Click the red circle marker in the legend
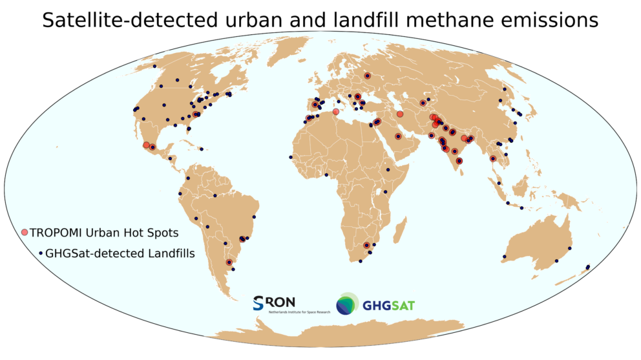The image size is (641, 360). point(25,232)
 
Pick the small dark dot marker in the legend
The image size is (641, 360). point(41,253)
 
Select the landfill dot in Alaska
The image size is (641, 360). point(155,67)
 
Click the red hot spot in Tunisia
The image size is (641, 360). point(335,112)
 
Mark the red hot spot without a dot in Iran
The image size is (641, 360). point(400,114)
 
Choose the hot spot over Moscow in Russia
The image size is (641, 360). point(367,76)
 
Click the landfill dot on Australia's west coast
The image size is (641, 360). point(504,256)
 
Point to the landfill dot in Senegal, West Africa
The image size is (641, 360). point(291,157)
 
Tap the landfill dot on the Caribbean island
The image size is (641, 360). point(202,149)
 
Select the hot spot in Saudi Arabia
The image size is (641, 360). point(398,136)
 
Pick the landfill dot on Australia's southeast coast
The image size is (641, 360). point(556,261)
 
